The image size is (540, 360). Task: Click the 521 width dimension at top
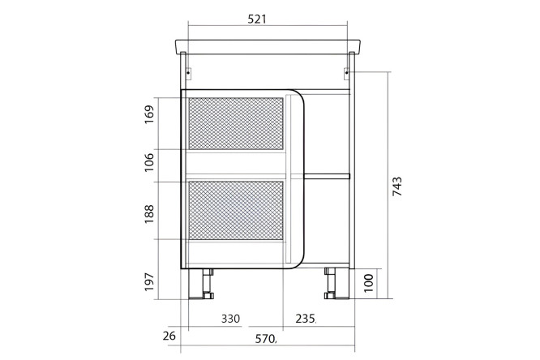click(257, 19)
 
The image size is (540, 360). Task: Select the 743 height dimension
click(397, 186)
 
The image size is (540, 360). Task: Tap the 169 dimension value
click(149, 114)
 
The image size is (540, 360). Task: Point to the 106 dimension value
click(149, 162)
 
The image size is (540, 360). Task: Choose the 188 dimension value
click(149, 214)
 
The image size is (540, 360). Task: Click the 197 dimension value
click(149, 281)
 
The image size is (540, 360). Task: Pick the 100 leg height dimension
click(368, 283)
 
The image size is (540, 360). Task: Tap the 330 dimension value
click(230, 319)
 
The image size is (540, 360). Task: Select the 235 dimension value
click(305, 319)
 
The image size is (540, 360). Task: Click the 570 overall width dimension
click(265, 339)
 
